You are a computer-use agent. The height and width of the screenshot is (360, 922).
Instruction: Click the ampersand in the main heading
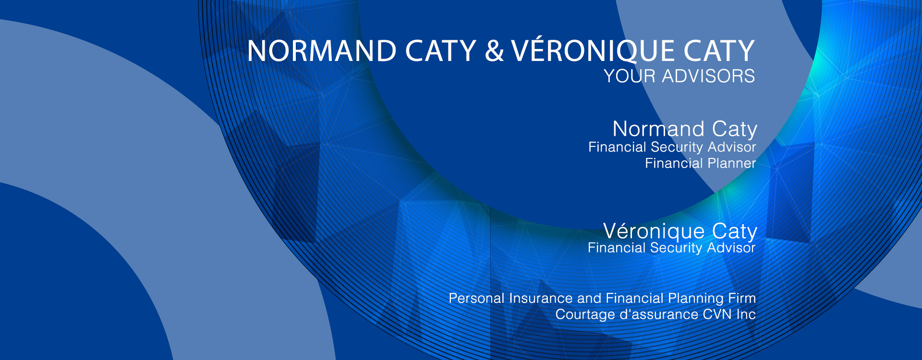[x=494, y=51]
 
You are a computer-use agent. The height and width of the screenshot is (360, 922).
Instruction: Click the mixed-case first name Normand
[x=659, y=129]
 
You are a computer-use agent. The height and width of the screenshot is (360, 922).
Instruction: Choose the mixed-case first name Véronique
[x=654, y=231]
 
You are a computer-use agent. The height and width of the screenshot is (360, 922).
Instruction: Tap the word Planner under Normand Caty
[x=732, y=164]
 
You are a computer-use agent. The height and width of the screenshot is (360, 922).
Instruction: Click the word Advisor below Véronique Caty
[x=731, y=248]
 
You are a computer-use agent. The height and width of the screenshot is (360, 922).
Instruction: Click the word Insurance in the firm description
[x=541, y=299]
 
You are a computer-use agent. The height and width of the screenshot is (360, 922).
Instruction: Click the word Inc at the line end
[x=746, y=315]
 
